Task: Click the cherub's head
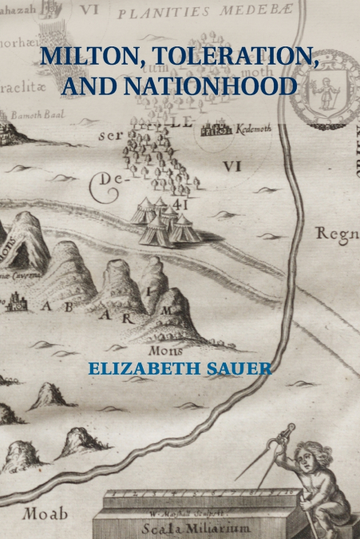[x=306, y=458]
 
